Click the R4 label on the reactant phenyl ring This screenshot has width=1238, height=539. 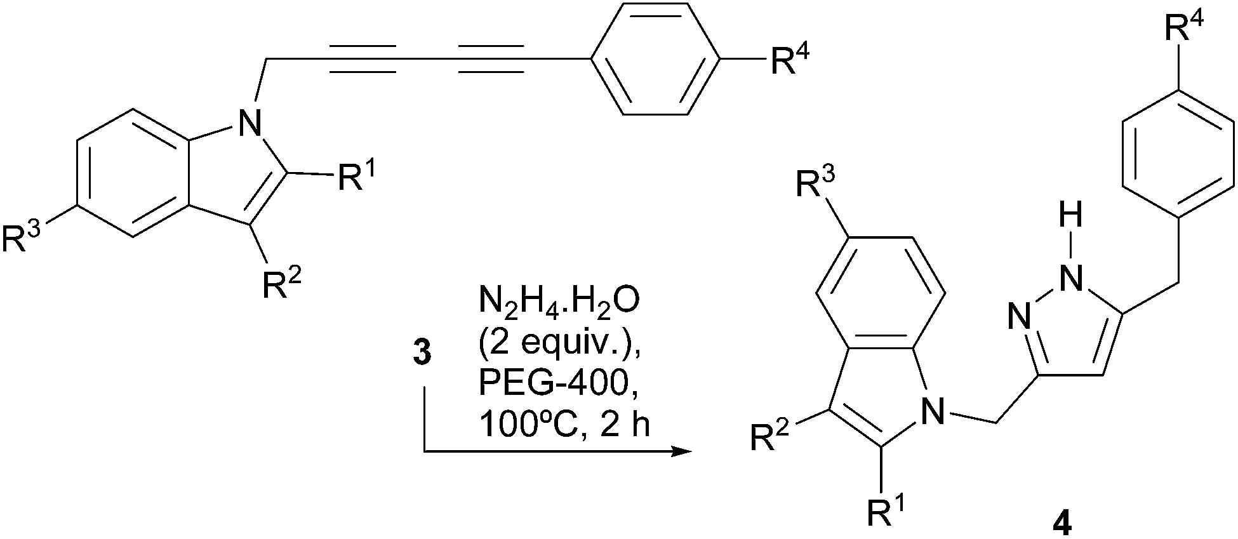(x=789, y=62)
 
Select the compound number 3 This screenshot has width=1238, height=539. (x=422, y=353)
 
